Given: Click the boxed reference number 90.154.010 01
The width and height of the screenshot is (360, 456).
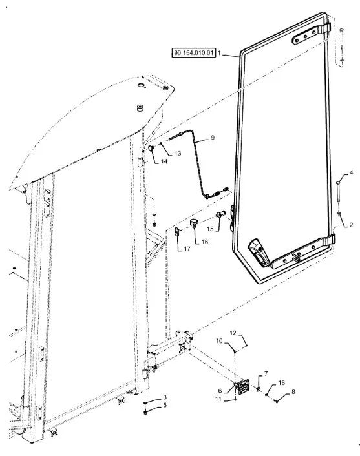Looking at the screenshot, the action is (193, 53).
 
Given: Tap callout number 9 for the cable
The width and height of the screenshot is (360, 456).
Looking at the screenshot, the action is (213, 138).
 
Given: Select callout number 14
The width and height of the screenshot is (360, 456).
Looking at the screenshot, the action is (164, 161).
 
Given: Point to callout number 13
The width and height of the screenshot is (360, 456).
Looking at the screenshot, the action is (178, 153).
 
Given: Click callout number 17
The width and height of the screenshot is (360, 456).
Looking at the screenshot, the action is (187, 249).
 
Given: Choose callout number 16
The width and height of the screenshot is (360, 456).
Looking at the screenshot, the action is (205, 242).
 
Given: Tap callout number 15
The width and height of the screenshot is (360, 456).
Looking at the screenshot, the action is (210, 229).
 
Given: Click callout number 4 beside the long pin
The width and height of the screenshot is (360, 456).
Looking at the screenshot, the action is (351, 172).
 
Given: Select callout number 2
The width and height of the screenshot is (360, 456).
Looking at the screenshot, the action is (351, 225).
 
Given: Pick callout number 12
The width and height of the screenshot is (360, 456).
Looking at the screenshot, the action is (233, 333).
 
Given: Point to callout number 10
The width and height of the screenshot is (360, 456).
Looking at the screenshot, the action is (219, 341).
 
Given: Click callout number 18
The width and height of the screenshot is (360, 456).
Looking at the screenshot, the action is (281, 383).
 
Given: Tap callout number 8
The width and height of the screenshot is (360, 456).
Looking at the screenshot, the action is (293, 391).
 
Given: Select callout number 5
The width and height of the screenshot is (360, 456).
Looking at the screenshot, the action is (165, 405).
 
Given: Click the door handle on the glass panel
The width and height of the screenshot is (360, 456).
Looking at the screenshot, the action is (258, 252).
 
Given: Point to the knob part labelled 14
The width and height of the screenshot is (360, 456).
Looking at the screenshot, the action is (151, 149).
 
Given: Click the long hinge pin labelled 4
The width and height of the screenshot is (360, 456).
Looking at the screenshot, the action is (338, 191).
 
